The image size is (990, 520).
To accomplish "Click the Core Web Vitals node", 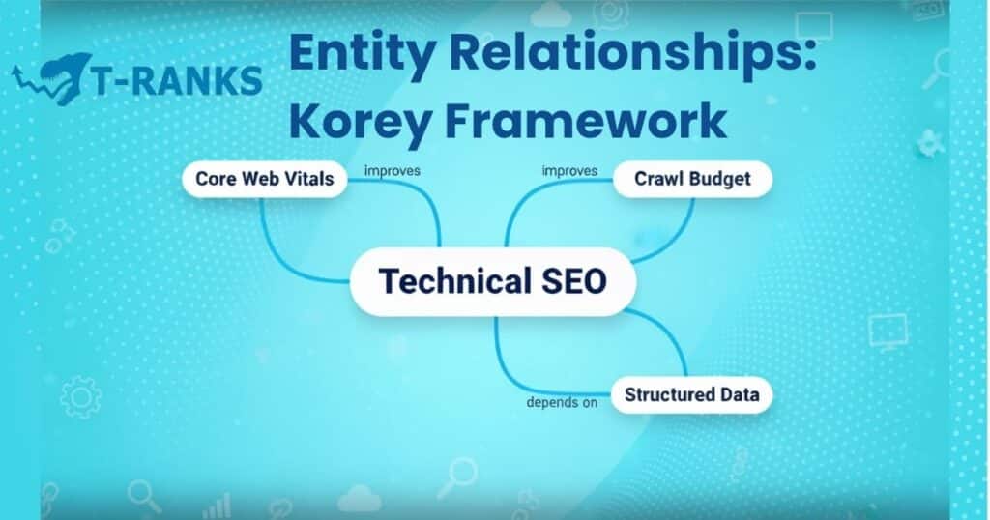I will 264,179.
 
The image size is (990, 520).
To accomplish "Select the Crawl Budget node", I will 691,179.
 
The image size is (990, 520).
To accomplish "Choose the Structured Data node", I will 691,394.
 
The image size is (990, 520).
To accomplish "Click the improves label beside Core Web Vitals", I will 392,171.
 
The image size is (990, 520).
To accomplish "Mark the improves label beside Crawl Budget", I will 569,171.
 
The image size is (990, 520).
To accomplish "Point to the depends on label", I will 561,402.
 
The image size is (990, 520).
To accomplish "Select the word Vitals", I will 310,179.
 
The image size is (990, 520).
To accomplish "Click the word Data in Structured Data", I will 738,394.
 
